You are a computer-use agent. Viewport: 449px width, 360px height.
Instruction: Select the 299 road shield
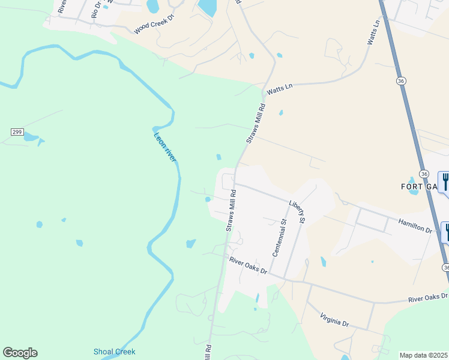(16, 131)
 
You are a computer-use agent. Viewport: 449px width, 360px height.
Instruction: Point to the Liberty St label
(297, 213)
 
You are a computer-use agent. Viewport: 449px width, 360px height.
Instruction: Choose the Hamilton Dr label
(415, 226)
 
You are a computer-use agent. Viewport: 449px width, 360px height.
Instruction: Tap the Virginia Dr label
(334, 320)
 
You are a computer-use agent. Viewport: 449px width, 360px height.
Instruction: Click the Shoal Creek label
(115, 352)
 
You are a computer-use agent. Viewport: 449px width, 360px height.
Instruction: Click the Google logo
(20, 353)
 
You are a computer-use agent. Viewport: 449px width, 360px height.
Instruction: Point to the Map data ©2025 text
(424, 355)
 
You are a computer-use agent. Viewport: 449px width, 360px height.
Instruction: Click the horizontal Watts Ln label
(279, 88)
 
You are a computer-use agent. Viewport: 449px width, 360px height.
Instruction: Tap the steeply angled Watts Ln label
(373, 33)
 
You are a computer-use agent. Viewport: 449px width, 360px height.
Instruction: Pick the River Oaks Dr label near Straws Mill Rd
(248, 265)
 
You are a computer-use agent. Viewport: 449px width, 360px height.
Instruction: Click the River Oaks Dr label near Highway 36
(427, 296)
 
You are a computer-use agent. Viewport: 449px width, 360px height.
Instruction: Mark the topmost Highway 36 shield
(400, 80)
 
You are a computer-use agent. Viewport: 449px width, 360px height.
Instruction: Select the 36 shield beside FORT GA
(424, 173)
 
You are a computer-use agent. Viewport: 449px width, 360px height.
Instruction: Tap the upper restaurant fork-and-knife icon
(445, 181)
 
